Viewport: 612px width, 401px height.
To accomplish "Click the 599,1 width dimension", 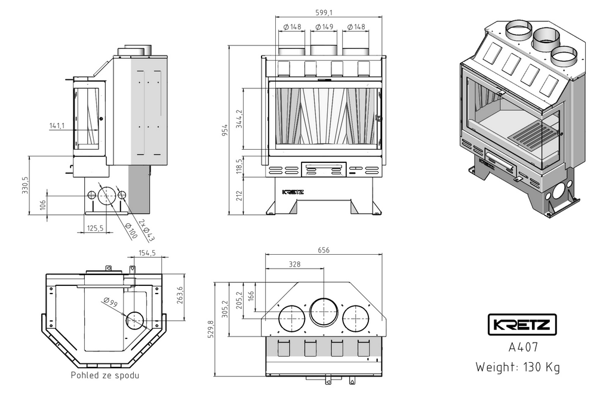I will coord(326,11).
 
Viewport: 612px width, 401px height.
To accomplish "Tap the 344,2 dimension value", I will coord(239,119).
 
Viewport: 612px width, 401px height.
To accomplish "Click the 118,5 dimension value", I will coord(239,168).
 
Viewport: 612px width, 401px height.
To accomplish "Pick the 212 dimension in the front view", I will coord(239,195).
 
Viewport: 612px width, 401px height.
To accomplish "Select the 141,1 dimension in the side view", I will coord(58,125).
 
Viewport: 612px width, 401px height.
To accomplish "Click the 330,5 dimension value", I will coord(25,186).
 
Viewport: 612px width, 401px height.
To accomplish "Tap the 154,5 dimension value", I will coord(147,253).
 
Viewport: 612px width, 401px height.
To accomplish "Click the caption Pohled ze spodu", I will coord(105,375).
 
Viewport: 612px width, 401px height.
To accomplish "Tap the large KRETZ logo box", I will coord(522,325).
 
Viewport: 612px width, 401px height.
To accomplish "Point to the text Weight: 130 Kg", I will coord(518,366).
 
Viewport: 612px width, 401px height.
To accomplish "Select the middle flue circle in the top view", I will coord(324,311).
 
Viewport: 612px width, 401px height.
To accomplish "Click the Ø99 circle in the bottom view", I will coord(135,320).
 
